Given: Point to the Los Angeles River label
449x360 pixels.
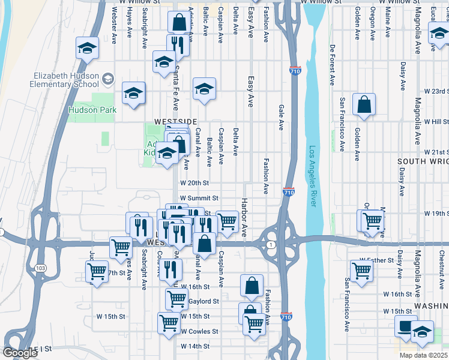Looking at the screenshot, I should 312,176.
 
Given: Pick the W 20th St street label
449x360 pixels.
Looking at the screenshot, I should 194,183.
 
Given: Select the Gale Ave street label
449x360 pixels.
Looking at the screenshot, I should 281,117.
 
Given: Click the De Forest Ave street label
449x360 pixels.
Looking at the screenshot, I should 332,64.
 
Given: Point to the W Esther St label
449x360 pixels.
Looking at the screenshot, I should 376,260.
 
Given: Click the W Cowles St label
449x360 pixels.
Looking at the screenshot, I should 199,331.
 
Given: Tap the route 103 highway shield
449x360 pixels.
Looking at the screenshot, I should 41,268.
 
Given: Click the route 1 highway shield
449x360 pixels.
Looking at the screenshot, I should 271,244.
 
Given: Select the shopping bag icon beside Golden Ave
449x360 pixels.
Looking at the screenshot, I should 364,105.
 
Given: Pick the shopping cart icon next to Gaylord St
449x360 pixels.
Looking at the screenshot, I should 176,298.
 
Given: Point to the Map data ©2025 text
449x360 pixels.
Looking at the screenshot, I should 423,355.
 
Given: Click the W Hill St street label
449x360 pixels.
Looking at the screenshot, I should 435,121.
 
